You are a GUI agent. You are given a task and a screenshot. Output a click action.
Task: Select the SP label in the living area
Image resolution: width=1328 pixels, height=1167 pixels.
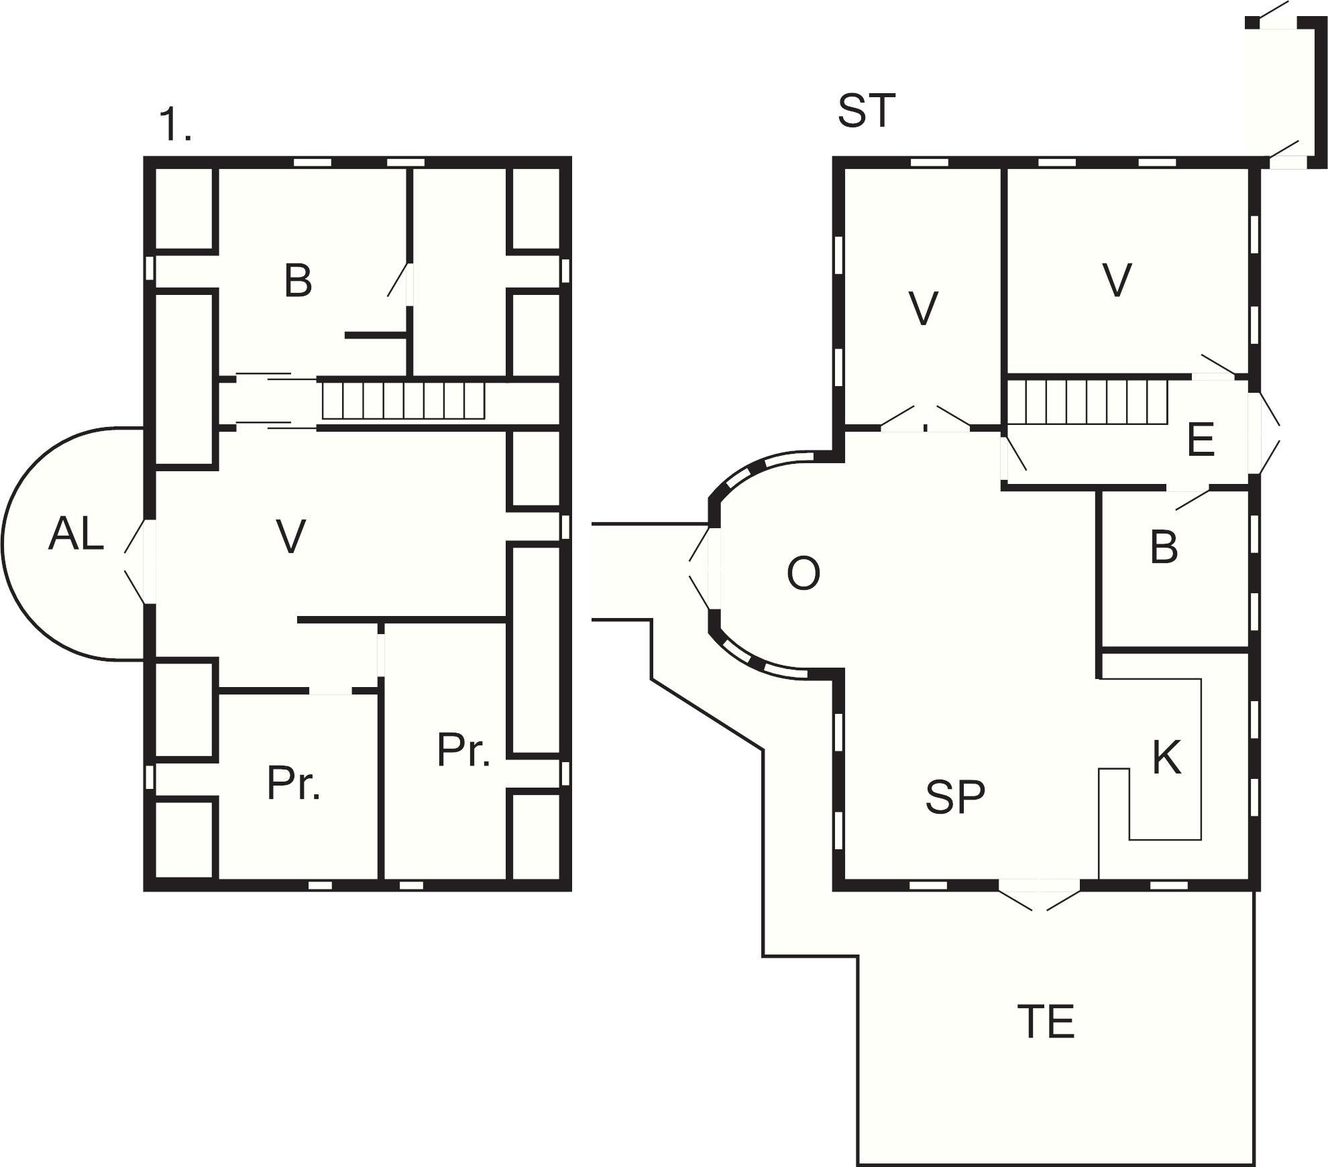point(955,797)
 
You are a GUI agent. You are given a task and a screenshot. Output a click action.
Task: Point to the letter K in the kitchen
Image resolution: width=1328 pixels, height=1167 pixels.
point(1167,757)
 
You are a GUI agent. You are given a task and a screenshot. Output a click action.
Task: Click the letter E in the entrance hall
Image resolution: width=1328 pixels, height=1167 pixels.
point(1201,440)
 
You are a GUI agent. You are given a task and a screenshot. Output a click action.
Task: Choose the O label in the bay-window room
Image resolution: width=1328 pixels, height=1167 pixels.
point(803,574)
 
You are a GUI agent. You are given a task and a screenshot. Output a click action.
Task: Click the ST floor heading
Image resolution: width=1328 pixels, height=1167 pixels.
point(867,111)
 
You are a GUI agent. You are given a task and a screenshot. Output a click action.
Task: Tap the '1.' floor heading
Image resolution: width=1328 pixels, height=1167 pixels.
point(175,125)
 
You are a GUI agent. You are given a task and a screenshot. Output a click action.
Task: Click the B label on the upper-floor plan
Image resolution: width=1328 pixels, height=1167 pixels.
point(298,280)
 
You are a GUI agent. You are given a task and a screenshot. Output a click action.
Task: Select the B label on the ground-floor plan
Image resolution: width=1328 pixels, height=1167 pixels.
point(1164,546)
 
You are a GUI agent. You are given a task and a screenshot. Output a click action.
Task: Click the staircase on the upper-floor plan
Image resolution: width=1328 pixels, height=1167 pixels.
point(403,400)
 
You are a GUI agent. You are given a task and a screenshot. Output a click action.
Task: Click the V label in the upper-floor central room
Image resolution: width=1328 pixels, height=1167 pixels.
point(291,536)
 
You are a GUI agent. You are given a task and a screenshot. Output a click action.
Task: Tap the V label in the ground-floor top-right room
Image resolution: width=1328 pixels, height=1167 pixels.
point(1117,280)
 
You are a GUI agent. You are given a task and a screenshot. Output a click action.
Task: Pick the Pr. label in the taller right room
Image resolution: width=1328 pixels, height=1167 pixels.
point(463,749)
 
